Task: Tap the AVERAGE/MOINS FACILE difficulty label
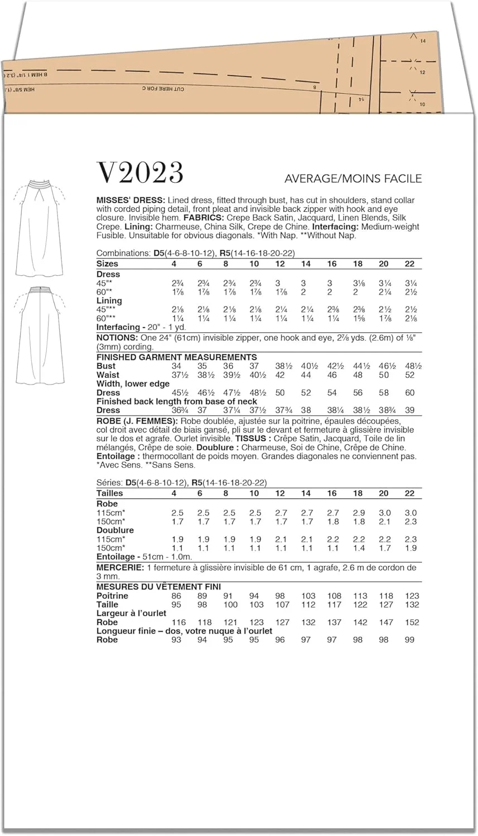pos(353,179)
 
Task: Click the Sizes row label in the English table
pos(107,264)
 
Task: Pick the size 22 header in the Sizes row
pos(409,264)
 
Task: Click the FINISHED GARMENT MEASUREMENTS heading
pos(176,357)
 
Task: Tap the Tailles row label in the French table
pos(110,493)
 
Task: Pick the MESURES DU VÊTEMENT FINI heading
pos(158,587)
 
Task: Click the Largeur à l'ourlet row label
pos(131,613)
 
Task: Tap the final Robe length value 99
pos(409,640)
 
